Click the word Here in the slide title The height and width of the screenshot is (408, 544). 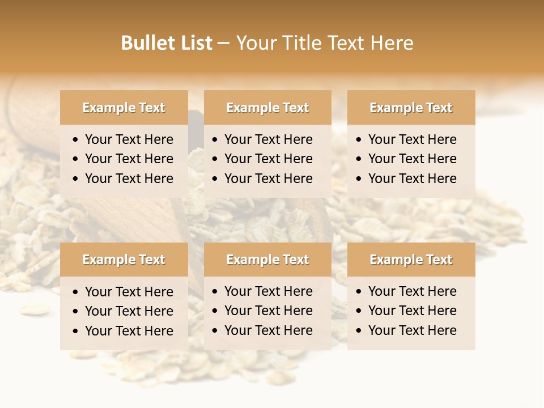391,43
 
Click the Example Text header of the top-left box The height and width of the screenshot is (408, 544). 124,108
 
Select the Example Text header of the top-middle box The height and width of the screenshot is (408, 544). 267,108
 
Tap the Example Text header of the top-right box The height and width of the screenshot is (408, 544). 411,108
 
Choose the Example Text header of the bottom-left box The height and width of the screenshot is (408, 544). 124,260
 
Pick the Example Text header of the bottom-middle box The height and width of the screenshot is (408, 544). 267,260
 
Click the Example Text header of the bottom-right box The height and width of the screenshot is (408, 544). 411,260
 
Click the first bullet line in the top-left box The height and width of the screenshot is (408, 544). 129,139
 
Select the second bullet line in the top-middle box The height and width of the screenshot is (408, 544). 268,159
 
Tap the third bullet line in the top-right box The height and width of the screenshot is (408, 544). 412,178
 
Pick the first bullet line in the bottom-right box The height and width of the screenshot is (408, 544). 412,291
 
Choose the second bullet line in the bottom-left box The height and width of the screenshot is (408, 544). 129,311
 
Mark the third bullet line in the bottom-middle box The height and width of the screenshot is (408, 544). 268,330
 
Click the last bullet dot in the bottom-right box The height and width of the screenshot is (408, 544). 359,331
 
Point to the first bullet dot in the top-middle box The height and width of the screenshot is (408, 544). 215,140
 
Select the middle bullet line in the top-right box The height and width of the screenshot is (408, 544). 412,159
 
